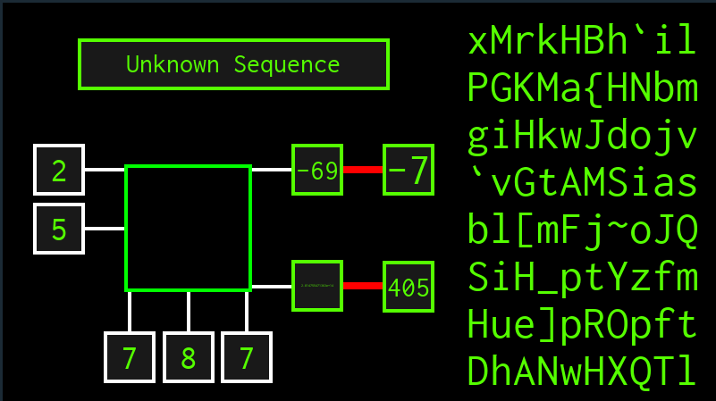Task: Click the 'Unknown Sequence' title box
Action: (233, 64)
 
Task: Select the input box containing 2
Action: (59, 170)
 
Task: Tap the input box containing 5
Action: (59, 229)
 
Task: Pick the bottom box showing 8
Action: (188, 357)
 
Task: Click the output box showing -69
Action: (317, 170)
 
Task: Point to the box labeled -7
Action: (409, 170)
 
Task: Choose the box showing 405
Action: (409, 287)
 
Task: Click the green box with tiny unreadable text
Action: (317, 286)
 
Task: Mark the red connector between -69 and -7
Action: (363, 170)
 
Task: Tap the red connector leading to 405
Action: (363, 286)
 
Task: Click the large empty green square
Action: (188, 228)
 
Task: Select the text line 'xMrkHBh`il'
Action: (581, 41)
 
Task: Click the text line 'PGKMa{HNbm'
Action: (581, 89)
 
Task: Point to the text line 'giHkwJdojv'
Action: (581, 137)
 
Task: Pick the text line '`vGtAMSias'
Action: (581, 184)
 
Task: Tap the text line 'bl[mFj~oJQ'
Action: (581, 231)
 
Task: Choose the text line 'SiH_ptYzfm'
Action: (581, 279)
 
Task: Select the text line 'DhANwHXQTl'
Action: (581, 369)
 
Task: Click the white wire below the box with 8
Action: (188, 312)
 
